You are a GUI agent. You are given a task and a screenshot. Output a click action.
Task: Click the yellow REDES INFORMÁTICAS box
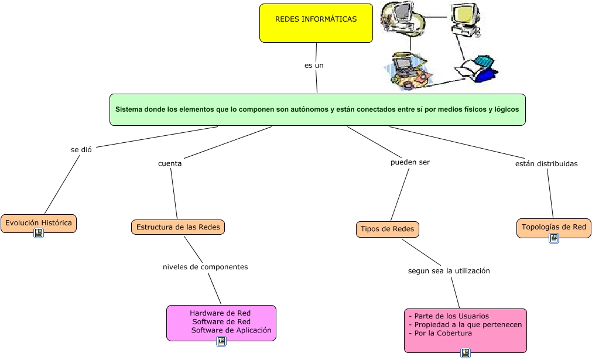click(x=316, y=23)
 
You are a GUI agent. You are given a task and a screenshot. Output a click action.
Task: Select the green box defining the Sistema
click(x=317, y=109)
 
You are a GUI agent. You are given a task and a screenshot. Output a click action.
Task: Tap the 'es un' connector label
click(x=314, y=66)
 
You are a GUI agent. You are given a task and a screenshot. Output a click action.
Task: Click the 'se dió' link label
click(x=81, y=149)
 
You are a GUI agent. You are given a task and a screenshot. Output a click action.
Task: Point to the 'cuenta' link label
click(x=170, y=163)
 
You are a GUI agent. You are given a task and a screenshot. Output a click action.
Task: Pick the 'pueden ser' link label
click(x=410, y=162)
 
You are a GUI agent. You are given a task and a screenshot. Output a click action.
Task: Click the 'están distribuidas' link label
click(x=546, y=163)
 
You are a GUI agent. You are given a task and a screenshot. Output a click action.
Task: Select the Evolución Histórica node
click(x=39, y=223)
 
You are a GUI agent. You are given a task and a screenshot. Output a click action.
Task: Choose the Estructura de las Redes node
click(x=177, y=227)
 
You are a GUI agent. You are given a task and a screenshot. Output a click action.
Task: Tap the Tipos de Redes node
click(x=388, y=229)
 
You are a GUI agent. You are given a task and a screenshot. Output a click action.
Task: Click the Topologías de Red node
click(x=553, y=227)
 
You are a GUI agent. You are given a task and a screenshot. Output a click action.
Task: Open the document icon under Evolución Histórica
click(x=39, y=233)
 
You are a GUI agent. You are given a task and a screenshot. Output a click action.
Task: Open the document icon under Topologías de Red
click(x=553, y=238)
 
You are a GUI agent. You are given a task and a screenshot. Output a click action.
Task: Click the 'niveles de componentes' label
click(x=205, y=267)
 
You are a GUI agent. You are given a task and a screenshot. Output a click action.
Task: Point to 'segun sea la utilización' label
click(x=449, y=271)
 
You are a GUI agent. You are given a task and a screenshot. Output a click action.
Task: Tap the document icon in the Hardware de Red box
click(x=221, y=341)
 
